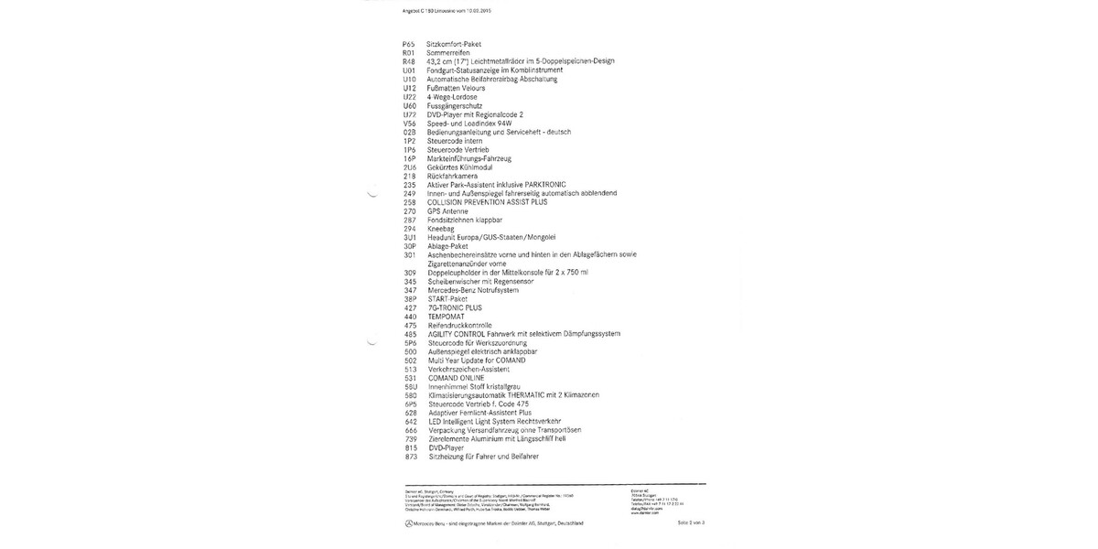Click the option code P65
[x=408, y=44]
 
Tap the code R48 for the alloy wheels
[x=408, y=61]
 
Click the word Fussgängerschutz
[x=455, y=105]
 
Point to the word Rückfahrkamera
[x=453, y=176]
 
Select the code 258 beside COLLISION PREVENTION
[x=408, y=202]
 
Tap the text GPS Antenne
[x=447, y=210]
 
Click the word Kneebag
[x=442, y=228]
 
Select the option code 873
[x=409, y=456]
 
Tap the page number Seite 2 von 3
[x=689, y=522]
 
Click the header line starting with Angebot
[x=434, y=11]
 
